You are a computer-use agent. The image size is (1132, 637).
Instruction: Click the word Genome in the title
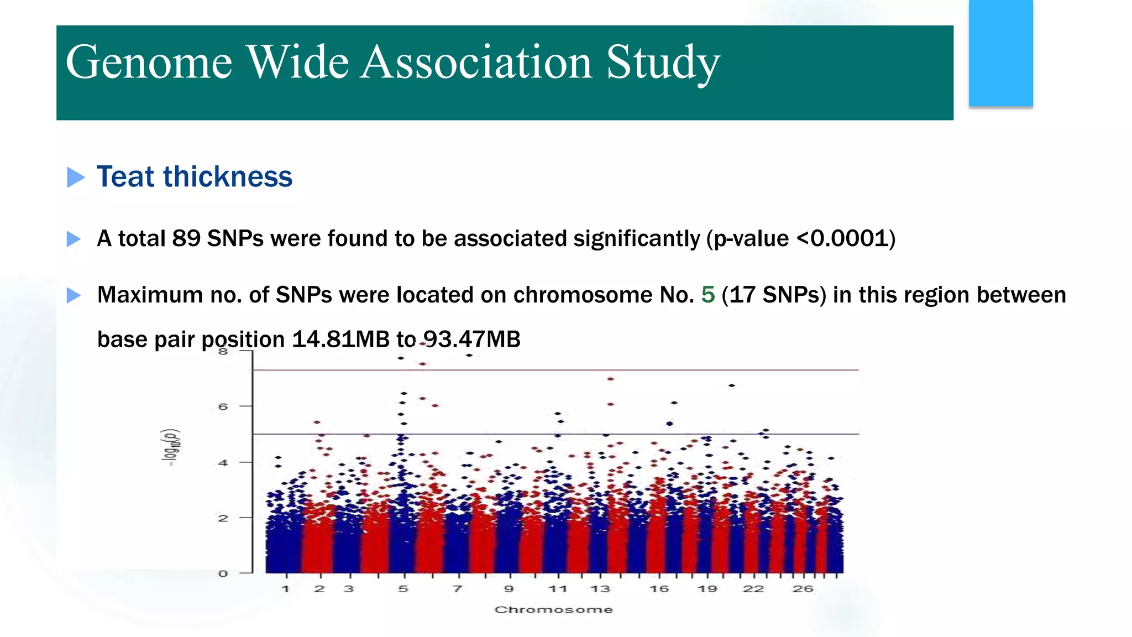[149, 62]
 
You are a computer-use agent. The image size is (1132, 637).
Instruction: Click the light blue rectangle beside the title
[1000, 53]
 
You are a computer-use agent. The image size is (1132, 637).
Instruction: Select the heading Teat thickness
[194, 177]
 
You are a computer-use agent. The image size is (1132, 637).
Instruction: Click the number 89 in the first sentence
[186, 239]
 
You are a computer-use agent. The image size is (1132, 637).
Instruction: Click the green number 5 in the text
[707, 295]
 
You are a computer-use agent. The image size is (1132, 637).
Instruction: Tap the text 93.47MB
[471, 339]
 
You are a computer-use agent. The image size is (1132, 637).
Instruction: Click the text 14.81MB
[340, 339]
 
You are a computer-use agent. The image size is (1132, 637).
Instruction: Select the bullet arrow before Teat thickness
[76, 177]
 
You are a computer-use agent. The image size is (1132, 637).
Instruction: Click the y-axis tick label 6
[223, 406]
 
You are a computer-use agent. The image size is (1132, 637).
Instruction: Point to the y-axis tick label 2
[223, 518]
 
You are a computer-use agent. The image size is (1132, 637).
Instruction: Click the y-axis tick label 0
[223, 573]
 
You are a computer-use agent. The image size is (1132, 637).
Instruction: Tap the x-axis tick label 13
[600, 589]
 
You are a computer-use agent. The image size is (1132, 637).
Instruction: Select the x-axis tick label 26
[803, 589]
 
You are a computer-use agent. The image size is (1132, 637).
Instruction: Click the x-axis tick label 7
[457, 589]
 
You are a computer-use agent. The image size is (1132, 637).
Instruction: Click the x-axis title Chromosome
[553, 609]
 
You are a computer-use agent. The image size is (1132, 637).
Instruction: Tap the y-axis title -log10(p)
[173, 447]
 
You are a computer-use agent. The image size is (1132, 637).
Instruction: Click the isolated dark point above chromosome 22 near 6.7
[732, 385]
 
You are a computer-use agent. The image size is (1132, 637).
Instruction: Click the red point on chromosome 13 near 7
[611, 379]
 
